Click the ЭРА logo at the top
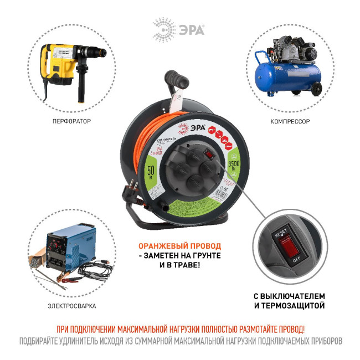tap(179, 28)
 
